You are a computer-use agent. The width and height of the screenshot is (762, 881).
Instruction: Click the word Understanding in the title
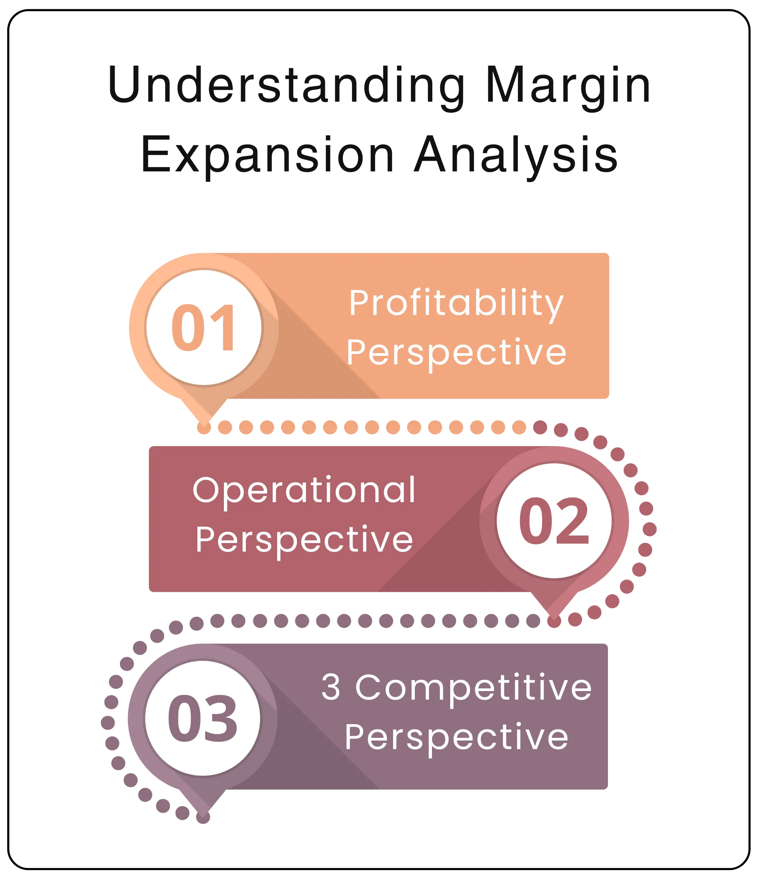(286, 85)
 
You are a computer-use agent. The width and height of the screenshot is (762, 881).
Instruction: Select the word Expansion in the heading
(268, 155)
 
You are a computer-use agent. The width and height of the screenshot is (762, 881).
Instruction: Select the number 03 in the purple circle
(202, 718)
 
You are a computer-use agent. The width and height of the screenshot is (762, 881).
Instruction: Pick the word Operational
(304, 490)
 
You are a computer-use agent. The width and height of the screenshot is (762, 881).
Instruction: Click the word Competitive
(473, 687)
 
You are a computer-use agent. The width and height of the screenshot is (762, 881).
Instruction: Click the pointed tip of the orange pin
(204, 426)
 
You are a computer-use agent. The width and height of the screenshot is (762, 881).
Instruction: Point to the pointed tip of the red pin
(554, 619)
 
